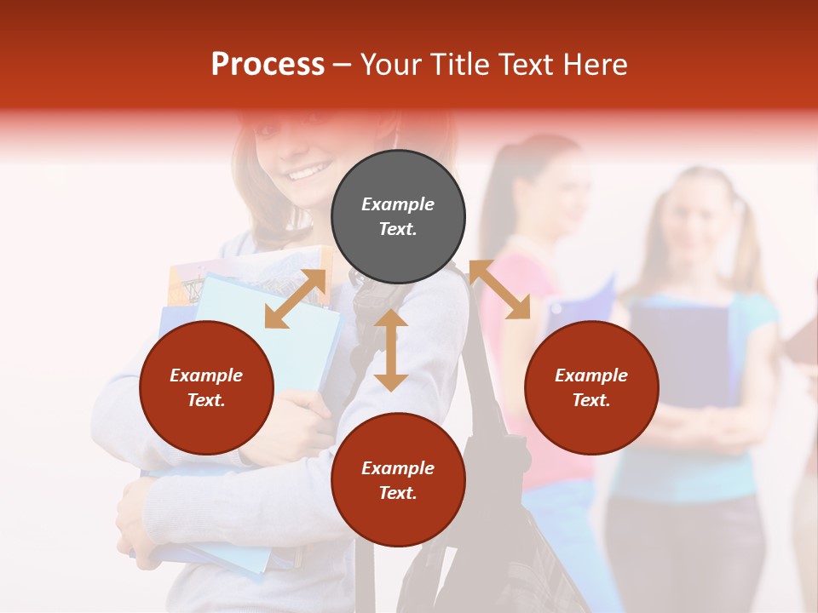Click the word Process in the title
(x=268, y=65)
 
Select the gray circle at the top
(x=398, y=217)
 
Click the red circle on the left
(x=206, y=388)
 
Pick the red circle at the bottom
(x=398, y=481)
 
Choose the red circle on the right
(x=591, y=388)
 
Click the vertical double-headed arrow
(x=391, y=350)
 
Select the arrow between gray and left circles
(x=296, y=299)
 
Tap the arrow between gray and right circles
(x=499, y=289)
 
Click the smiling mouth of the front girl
(x=304, y=173)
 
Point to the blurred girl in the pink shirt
(x=545, y=281)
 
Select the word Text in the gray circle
(x=398, y=229)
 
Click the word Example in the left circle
(x=206, y=375)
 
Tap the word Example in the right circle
(x=591, y=375)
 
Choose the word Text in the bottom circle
(x=398, y=493)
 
